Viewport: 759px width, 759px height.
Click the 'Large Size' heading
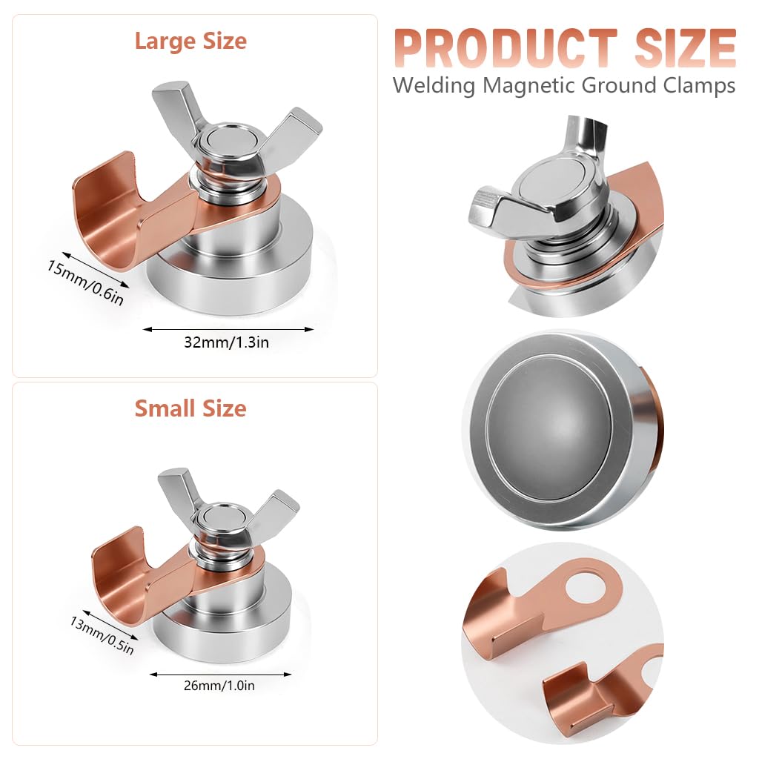pyautogui.click(x=190, y=42)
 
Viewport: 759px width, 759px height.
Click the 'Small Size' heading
pyautogui.click(x=190, y=408)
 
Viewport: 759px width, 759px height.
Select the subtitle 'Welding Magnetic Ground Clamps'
pyautogui.click(x=563, y=85)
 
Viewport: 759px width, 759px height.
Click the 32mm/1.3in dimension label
pyautogui.click(x=227, y=342)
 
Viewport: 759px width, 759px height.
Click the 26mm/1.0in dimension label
pyautogui.click(x=219, y=686)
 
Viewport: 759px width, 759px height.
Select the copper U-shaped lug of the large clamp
pyautogui.click(x=111, y=208)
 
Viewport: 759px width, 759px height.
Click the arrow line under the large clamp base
pyautogui.click(x=228, y=329)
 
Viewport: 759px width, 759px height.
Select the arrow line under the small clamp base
pyautogui.click(x=220, y=673)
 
